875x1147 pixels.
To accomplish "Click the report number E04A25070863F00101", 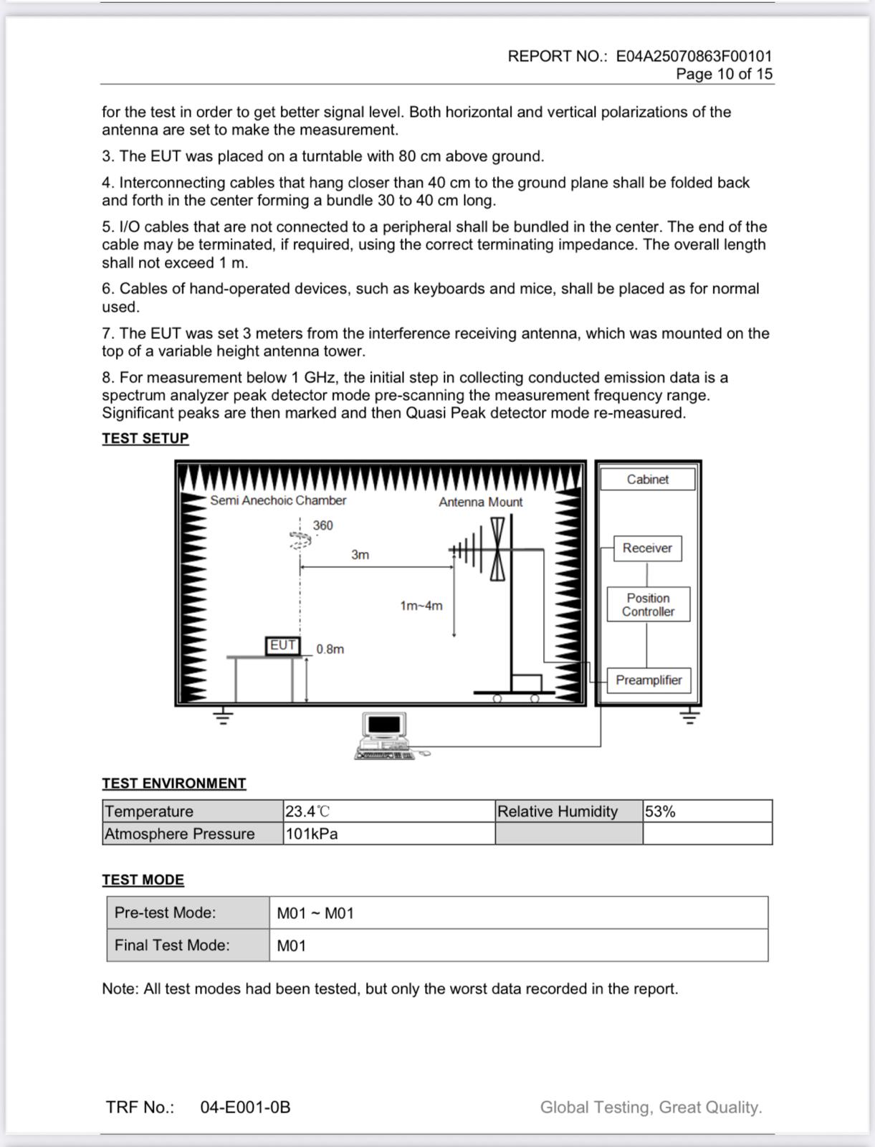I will [694, 56].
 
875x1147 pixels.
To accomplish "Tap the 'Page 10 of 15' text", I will [724, 74].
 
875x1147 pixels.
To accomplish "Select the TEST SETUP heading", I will [145, 438].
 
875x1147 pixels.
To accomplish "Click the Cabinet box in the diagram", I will [647, 479].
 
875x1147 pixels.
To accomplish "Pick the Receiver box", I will [647, 548].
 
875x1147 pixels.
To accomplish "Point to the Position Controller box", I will [648, 604].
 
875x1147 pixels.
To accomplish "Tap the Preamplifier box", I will [649, 680].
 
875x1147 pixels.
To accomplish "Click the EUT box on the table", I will [282, 645].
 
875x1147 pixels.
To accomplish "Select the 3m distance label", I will [360, 555].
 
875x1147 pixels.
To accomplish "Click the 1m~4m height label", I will [421, 606].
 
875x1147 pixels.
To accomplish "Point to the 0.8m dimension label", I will [330, 649].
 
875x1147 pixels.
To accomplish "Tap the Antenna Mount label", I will [480, 502].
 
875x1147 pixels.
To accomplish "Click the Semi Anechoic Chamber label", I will [278, 500].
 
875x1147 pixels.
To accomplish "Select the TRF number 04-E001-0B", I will [245, 1108].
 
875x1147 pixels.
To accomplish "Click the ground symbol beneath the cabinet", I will [689, 716].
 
